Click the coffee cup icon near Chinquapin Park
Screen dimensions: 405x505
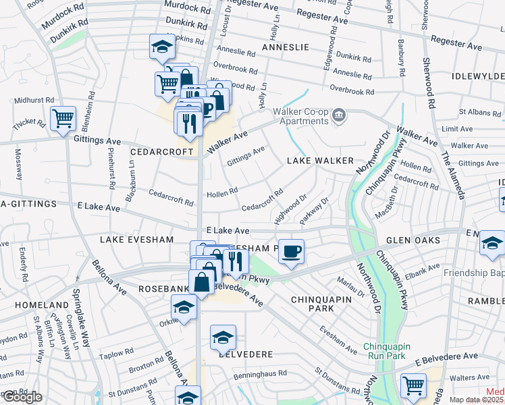(x=290, y=252)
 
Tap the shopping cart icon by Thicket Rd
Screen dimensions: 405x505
(x=63, y=119)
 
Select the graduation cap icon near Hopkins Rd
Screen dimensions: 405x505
(x=161, y=47)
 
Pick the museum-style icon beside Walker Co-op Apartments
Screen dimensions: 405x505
(x=340, y=116)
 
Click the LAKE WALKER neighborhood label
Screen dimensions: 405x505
(x=320, y=160)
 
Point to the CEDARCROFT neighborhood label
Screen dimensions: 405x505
(x=162, y=152)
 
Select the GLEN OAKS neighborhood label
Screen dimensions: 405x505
(x=413, y=240)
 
